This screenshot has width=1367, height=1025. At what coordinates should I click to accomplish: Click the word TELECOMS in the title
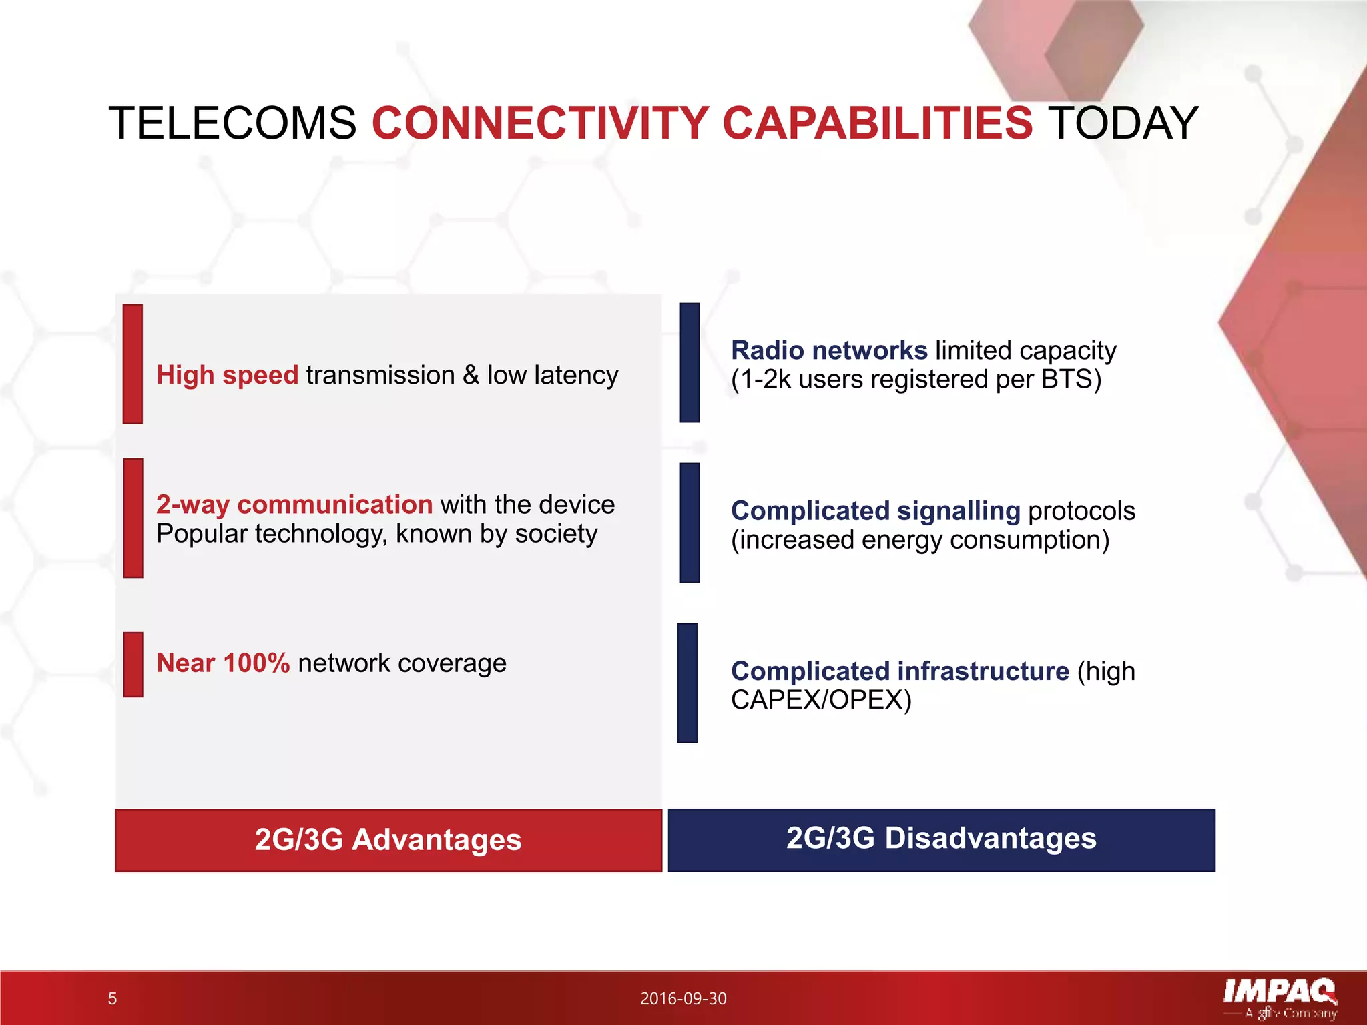pyautogui.click(x=232, y=124)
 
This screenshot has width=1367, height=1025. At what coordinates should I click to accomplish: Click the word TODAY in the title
pyautogui.click(x=1123, y=124)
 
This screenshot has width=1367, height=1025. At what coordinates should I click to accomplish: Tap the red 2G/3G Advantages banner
pyautogui.click(x=388, y=840)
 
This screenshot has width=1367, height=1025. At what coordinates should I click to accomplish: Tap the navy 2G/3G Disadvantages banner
pyautogui.click(x=941, y=839)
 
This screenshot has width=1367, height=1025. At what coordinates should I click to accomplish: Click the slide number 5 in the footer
pyautogui.click(x=112, y=998)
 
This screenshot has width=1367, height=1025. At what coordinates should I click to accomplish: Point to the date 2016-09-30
pyautogui.click(x=683, y=998)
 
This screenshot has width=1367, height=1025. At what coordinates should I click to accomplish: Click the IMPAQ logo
pyautogui.click(x=1279, y=994)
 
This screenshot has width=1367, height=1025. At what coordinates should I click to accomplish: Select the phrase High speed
pyautogui.click(x=227, y=375)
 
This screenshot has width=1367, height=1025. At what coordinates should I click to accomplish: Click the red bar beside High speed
pyautogui.click(x=133, y=364)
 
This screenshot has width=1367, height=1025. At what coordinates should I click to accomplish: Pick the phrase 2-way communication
pyautogui.click(x=294, y=504)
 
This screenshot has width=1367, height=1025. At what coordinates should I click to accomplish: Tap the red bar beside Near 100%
pyautogui.click(x=133, y=665)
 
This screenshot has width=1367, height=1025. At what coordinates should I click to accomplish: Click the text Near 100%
pyautogui.click(x=223, y=663)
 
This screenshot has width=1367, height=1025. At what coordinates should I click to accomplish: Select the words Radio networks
pyautogui.click(x=829, y=350)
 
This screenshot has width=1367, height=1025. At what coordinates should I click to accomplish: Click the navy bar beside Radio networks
pyautogui.click(x=690, y=362)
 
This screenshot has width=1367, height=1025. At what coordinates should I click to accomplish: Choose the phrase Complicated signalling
pyautogui.click(x=875, y=511)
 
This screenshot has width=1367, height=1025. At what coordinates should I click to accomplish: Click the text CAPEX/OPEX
pyautogui.click(x=820, y=700)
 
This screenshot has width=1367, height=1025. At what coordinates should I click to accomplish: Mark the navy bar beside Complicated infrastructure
pyautogui.click(x=687, y=683)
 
